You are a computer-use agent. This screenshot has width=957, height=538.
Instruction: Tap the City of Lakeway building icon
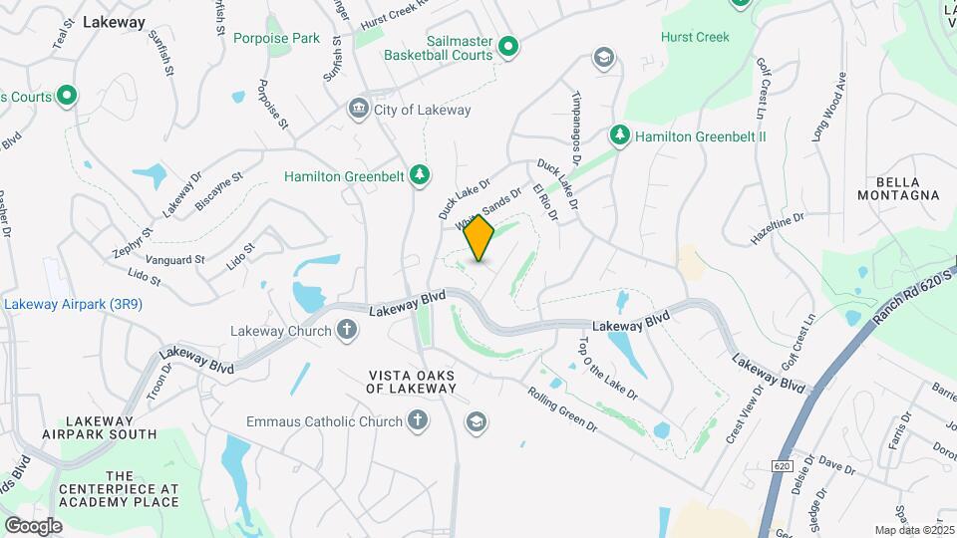[x=357, y=109]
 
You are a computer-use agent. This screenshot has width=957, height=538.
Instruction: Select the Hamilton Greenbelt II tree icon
[x=620, y=134]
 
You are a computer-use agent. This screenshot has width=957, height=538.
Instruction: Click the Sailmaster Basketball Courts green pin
[x=507, y=47]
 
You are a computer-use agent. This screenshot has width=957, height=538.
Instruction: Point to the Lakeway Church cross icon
[x=347, y=331]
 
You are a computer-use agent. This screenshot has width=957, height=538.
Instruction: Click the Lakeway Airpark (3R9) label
[x=73, y=304]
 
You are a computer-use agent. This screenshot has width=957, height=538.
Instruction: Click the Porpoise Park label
[x=276, y=38]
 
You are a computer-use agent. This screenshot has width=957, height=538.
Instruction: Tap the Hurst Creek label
[x=695, y=37]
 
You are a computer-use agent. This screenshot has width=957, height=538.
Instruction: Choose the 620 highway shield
[x=781, y=465]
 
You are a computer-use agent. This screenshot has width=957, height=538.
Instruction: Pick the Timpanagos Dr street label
[x=576, y=131]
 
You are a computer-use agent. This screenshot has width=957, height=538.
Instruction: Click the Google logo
[x=33, y=525]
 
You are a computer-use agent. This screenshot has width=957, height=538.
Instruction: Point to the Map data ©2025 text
[x=913, y=530]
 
